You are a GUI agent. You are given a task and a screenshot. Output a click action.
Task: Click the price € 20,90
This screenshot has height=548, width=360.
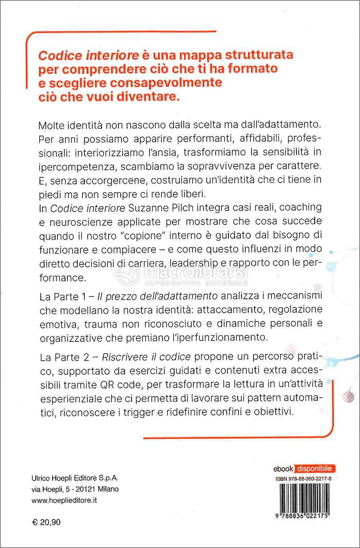[x=46, y=522]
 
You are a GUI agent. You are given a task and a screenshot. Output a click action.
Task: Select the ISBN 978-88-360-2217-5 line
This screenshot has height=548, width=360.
[x=303, y=479]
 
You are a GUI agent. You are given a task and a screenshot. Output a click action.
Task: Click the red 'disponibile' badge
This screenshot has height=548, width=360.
[x=314, y=469]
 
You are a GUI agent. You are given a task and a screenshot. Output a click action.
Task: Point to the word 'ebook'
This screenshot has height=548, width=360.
[x=283, y=469]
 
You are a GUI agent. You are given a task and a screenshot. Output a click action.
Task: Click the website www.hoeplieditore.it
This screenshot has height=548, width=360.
[x=64, y=500]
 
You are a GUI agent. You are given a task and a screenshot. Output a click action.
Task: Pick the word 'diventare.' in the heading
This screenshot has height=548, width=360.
[x=148, y=97]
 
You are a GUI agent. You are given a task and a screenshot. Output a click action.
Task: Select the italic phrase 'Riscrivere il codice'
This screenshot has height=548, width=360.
[x=146, y=357]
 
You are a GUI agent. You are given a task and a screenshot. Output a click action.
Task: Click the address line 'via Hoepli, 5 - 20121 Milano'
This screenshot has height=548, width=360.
[x=75, y=489]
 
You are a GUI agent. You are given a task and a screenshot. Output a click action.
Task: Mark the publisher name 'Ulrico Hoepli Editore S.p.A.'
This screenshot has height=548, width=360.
[x=75, y=478]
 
